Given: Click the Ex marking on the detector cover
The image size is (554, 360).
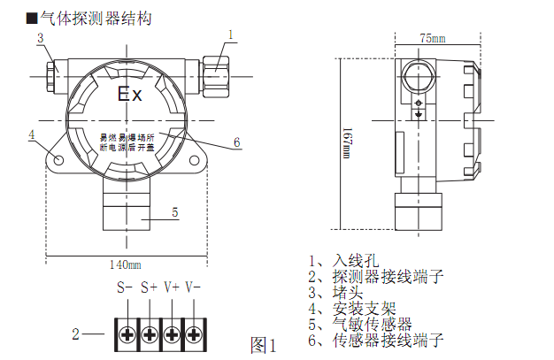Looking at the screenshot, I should [130, 95].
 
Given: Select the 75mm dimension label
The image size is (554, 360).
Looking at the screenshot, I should [432, 39].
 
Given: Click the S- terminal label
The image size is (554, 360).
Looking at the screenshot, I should [125, 287].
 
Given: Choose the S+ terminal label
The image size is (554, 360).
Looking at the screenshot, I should [148, 287].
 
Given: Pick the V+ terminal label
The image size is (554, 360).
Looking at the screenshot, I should [171, 287].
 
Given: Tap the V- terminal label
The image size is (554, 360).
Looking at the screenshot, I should [193, 287].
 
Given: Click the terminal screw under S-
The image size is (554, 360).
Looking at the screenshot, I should [127, 334].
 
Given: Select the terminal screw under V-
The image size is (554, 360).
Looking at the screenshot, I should [194, 334].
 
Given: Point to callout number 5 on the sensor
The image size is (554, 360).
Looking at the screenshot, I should [174, 212].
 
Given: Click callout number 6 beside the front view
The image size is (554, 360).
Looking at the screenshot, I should [237, 142].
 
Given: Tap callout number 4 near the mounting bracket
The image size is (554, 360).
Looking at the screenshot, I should [31, 135].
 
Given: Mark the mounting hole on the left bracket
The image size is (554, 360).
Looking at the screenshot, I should [58, 159].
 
